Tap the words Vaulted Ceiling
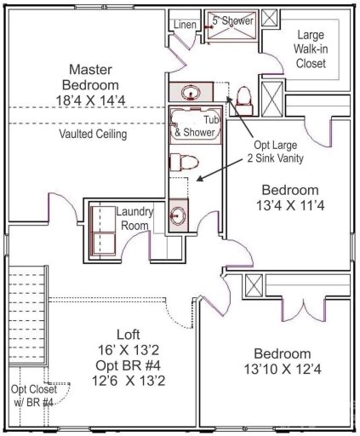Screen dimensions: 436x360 pyautogui.click(x=93, y=134)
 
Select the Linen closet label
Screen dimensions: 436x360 pyautogui.click(x=186, y=25)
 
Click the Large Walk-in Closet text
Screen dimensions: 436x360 pyautogui.click(x=310, y=49)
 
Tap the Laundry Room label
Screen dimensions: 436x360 pyautogui.click(x=134, y=219)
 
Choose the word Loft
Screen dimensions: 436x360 pyautogui.click(x=129, y=334)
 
